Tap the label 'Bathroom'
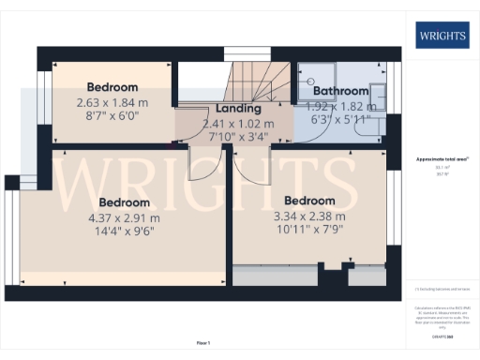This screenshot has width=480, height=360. pos(340,91)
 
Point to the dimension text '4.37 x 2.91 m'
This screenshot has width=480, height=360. pos(124,217)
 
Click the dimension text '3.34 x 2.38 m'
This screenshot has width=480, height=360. pos(309,216)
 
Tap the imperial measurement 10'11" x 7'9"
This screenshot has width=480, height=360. pos(309,230)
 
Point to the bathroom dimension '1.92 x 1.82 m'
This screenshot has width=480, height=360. pos(340,106)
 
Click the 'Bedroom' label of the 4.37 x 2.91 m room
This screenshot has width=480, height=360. pos(124,202)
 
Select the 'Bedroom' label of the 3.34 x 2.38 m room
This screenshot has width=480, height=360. pos(309,201)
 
